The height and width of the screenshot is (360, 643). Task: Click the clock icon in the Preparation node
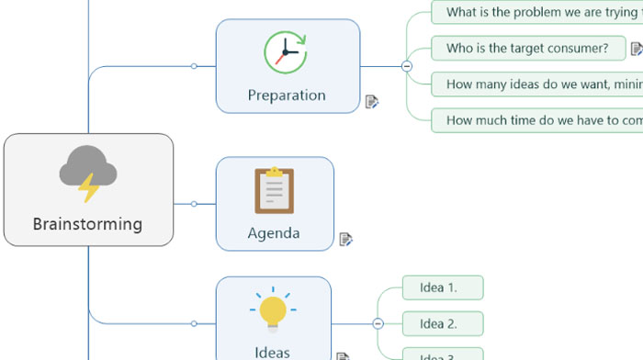(287, 52)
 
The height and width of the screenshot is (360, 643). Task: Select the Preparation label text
(287, 95)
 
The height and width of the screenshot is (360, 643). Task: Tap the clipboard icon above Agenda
(274, 191)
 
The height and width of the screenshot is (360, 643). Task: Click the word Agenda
(274, 232)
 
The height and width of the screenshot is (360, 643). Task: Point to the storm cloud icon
(88, 170)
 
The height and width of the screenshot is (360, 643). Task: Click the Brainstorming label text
(88, 223)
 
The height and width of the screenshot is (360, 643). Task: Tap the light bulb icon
(273, 310)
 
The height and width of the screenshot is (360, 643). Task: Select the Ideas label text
(273, 352)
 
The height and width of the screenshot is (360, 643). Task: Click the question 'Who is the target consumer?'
(527, 48)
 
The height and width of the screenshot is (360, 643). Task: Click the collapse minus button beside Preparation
(407, 66)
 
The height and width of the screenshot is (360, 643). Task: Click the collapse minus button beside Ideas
(378, 323)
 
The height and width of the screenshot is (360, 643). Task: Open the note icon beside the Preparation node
(372, 101)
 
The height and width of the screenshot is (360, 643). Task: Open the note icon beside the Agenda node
(345, 239)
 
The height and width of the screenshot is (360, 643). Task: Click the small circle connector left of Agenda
(194, 204)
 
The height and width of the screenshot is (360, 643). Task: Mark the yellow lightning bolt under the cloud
(88, 188)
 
